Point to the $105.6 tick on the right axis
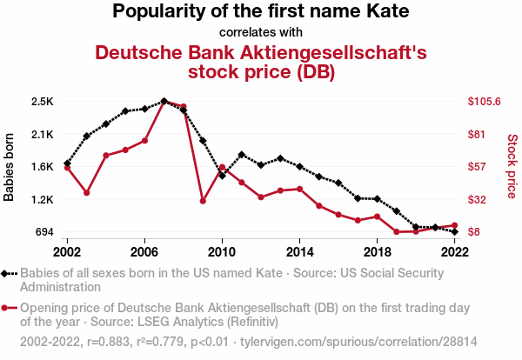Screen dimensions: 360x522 point(485,102)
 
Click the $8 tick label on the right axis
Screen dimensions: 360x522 point(474,232)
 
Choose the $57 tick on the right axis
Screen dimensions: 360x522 point(478,167)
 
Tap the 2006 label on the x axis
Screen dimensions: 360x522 point(144,251)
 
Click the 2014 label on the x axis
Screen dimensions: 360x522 point(299,251)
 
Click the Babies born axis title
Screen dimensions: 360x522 point(10,167)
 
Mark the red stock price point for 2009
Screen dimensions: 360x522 point(203,201)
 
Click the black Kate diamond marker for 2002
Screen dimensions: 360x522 point(67,163)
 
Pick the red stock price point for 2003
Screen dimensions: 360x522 point(86,192)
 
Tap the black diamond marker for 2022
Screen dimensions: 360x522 point(455,232)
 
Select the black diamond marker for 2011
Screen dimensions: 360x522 point(241,155)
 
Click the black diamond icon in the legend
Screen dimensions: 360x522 point(9,273)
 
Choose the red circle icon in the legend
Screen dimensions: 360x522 point(9,308)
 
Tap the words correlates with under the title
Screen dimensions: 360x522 point(260,33)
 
